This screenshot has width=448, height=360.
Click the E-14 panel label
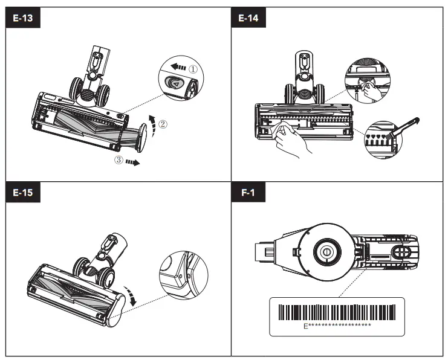[248, 18]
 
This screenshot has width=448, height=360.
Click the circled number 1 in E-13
[192, 69]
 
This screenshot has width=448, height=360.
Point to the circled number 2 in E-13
[163, 126]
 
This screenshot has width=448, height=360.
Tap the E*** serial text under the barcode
[337, 326]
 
